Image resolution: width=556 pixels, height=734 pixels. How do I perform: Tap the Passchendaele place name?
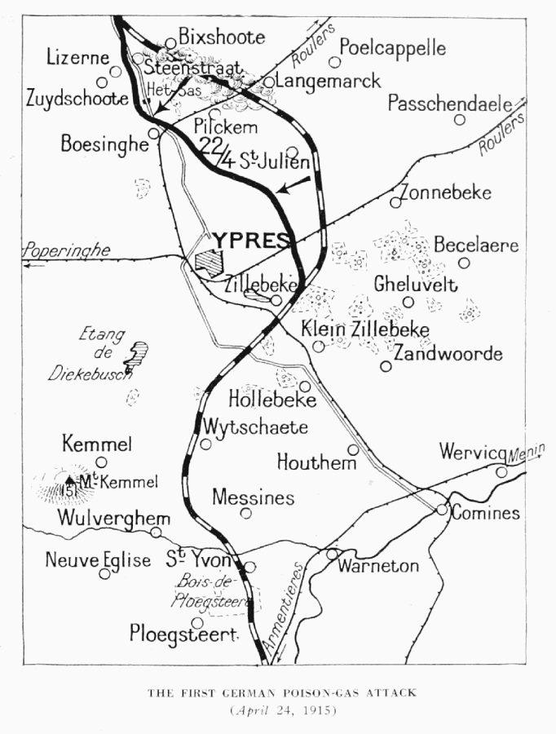[449, 104]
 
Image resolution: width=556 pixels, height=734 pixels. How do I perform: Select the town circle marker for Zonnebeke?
[395, 202]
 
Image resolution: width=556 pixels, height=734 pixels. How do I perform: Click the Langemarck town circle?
[268, 82]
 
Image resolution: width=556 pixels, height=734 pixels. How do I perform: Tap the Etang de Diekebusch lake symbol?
[136, 354]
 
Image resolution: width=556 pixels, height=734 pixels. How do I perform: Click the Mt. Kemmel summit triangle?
[71, 480]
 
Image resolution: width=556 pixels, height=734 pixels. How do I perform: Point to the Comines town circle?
[441, 509]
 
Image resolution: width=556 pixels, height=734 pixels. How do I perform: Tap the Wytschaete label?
[255, 427]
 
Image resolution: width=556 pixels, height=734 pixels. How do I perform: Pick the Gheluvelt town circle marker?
[408, 302]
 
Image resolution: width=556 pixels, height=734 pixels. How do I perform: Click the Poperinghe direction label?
[68, 250]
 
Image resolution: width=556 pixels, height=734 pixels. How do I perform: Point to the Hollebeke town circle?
[305, 386]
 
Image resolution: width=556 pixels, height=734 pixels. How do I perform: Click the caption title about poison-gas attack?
[282, 692]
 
